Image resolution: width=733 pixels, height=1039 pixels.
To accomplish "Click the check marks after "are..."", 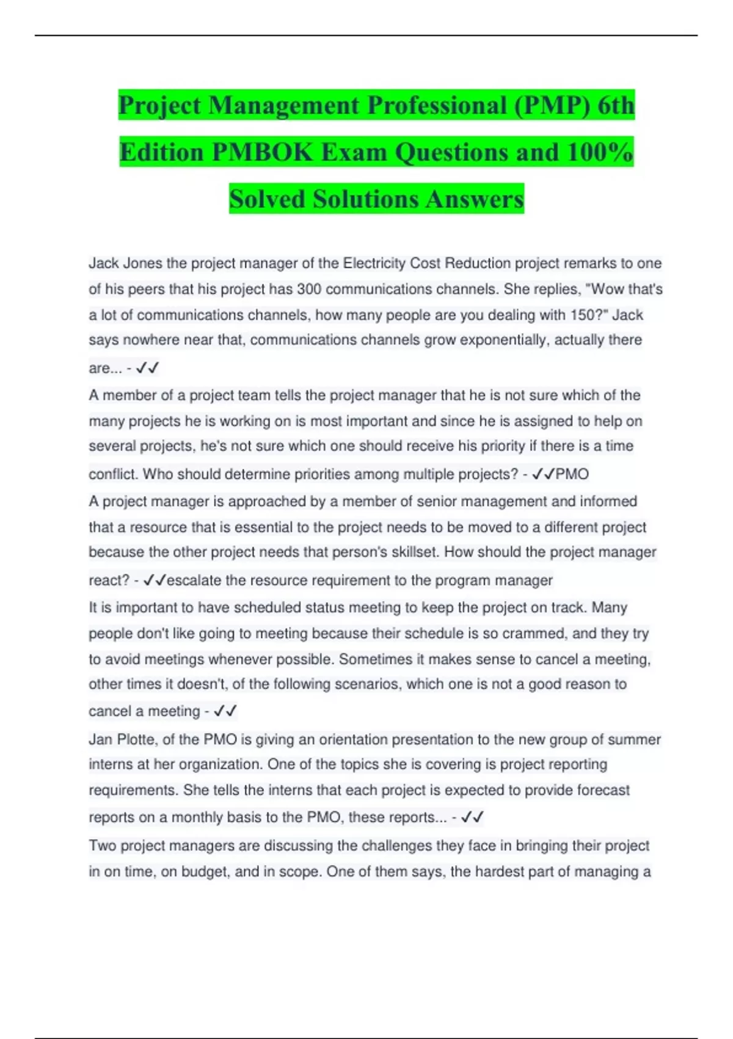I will (147, 368).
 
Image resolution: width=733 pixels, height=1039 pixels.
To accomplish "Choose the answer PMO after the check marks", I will (572, 474).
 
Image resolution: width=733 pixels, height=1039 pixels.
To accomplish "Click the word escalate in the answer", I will (194, 580).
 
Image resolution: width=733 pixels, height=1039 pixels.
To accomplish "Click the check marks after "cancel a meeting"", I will (225, 711).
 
